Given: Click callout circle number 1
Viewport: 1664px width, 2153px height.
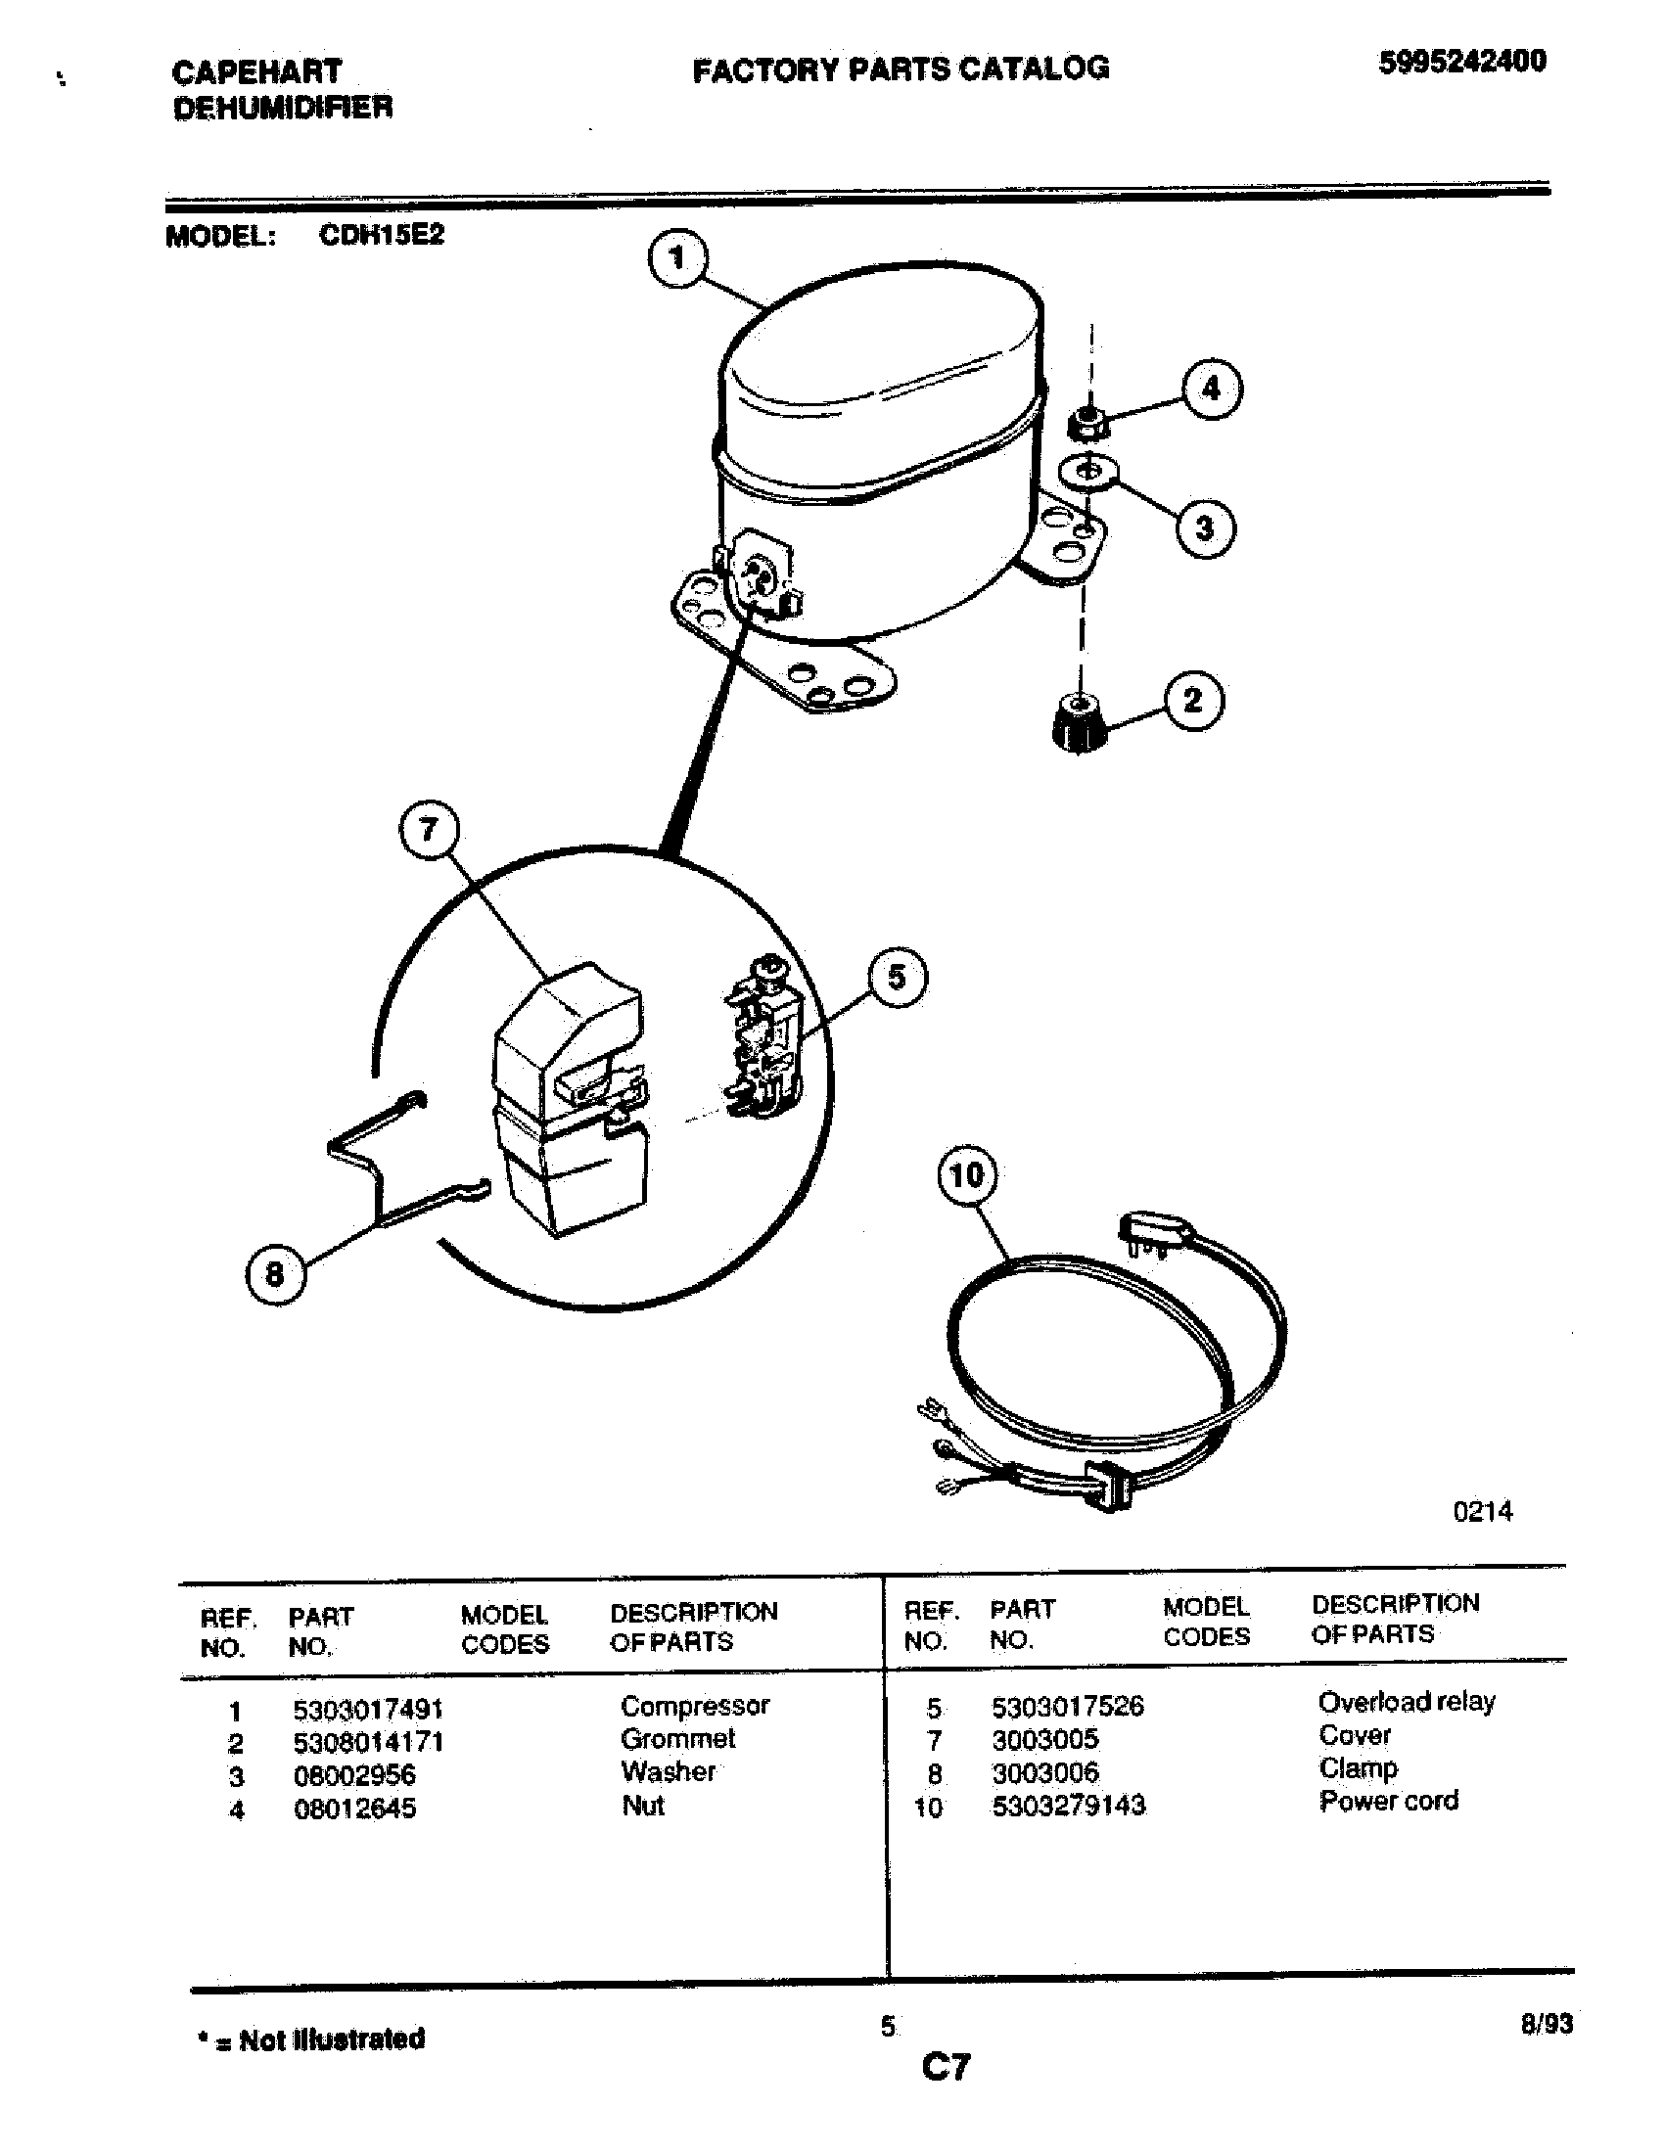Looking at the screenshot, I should tap(677, 259).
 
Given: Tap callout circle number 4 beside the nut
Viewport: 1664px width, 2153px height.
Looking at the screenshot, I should tap(1212, 389).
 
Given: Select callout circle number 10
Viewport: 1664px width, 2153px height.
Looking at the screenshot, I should tap(967, 1175).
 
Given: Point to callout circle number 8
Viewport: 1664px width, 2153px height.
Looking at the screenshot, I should tap(275, 1274).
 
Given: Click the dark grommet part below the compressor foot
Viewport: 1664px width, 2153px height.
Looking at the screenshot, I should tap(1078, 723).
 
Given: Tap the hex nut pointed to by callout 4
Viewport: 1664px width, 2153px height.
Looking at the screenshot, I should tap(1086, 426).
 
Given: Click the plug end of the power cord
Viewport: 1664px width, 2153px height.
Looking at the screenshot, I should tap(1155, 1233).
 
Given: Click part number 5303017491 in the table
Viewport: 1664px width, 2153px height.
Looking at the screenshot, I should tap(368, 1709).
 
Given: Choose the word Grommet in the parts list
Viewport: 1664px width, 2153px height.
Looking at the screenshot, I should tap(678, 1739).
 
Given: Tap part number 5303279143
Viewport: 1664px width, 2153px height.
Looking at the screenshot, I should tap(1069, 1805).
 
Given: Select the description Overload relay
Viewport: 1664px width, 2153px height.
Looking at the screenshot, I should tap(1406, 1702).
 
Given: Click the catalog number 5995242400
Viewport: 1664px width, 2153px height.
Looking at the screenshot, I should tap(1462, 62).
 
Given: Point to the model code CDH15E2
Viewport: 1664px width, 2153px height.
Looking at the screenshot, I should tap(382, 235).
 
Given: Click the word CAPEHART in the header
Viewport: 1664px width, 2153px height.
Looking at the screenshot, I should tap(256, 71).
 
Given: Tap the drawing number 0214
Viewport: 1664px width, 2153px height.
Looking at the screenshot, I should tap(1483, 1511).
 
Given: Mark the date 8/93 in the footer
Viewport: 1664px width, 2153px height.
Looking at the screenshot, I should tap(1546, 2024).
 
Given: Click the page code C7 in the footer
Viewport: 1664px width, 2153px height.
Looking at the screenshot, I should tap(946, 2066).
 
